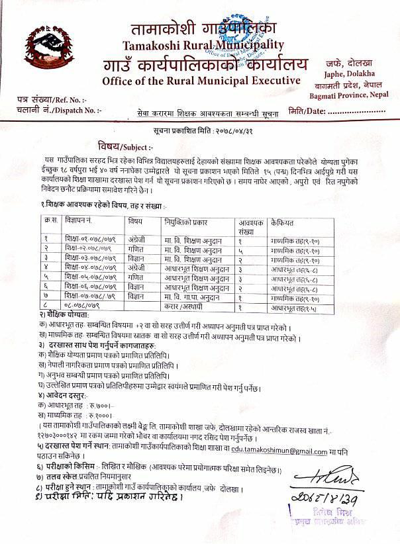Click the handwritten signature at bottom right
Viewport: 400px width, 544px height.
point(329,478)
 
